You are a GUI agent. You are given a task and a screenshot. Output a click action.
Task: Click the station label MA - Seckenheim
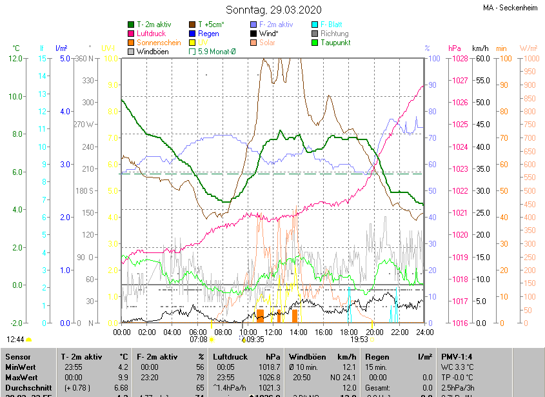tap(510, 8)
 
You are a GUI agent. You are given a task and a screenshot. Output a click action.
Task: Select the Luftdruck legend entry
tap(151, 34)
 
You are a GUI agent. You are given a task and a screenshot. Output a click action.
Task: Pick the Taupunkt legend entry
tap(335, 43)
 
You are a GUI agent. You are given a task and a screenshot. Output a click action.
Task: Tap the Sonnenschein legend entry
tap(159, 43)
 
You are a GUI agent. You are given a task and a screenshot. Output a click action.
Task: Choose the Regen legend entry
tap(208, 34)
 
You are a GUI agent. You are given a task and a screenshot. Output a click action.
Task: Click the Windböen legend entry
tap(152, 52)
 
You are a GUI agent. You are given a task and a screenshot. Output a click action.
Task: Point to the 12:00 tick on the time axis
tap(273, 332)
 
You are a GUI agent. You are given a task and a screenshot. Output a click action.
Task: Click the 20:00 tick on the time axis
tap(374, 332)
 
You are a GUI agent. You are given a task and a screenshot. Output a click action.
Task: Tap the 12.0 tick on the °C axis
tap(15, 59)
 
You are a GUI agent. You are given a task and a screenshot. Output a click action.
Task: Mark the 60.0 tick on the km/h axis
tap(481, 59)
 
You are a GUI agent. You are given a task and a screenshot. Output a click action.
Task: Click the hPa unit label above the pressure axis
tap(453, 48)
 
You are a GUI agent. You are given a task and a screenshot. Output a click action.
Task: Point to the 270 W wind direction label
tap(84, 125)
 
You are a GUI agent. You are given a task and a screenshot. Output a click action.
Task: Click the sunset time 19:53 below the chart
tap(359, 339)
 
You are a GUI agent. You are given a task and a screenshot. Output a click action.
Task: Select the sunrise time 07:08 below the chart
tap(198, 339)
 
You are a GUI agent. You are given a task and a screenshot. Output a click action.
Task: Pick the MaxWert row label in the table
tap(21, 376)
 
